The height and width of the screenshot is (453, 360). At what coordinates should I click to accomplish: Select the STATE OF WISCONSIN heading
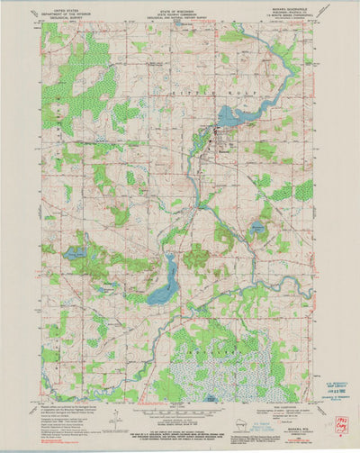pos(179,10)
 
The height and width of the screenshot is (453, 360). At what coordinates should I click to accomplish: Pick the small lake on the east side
pos(257,229)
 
